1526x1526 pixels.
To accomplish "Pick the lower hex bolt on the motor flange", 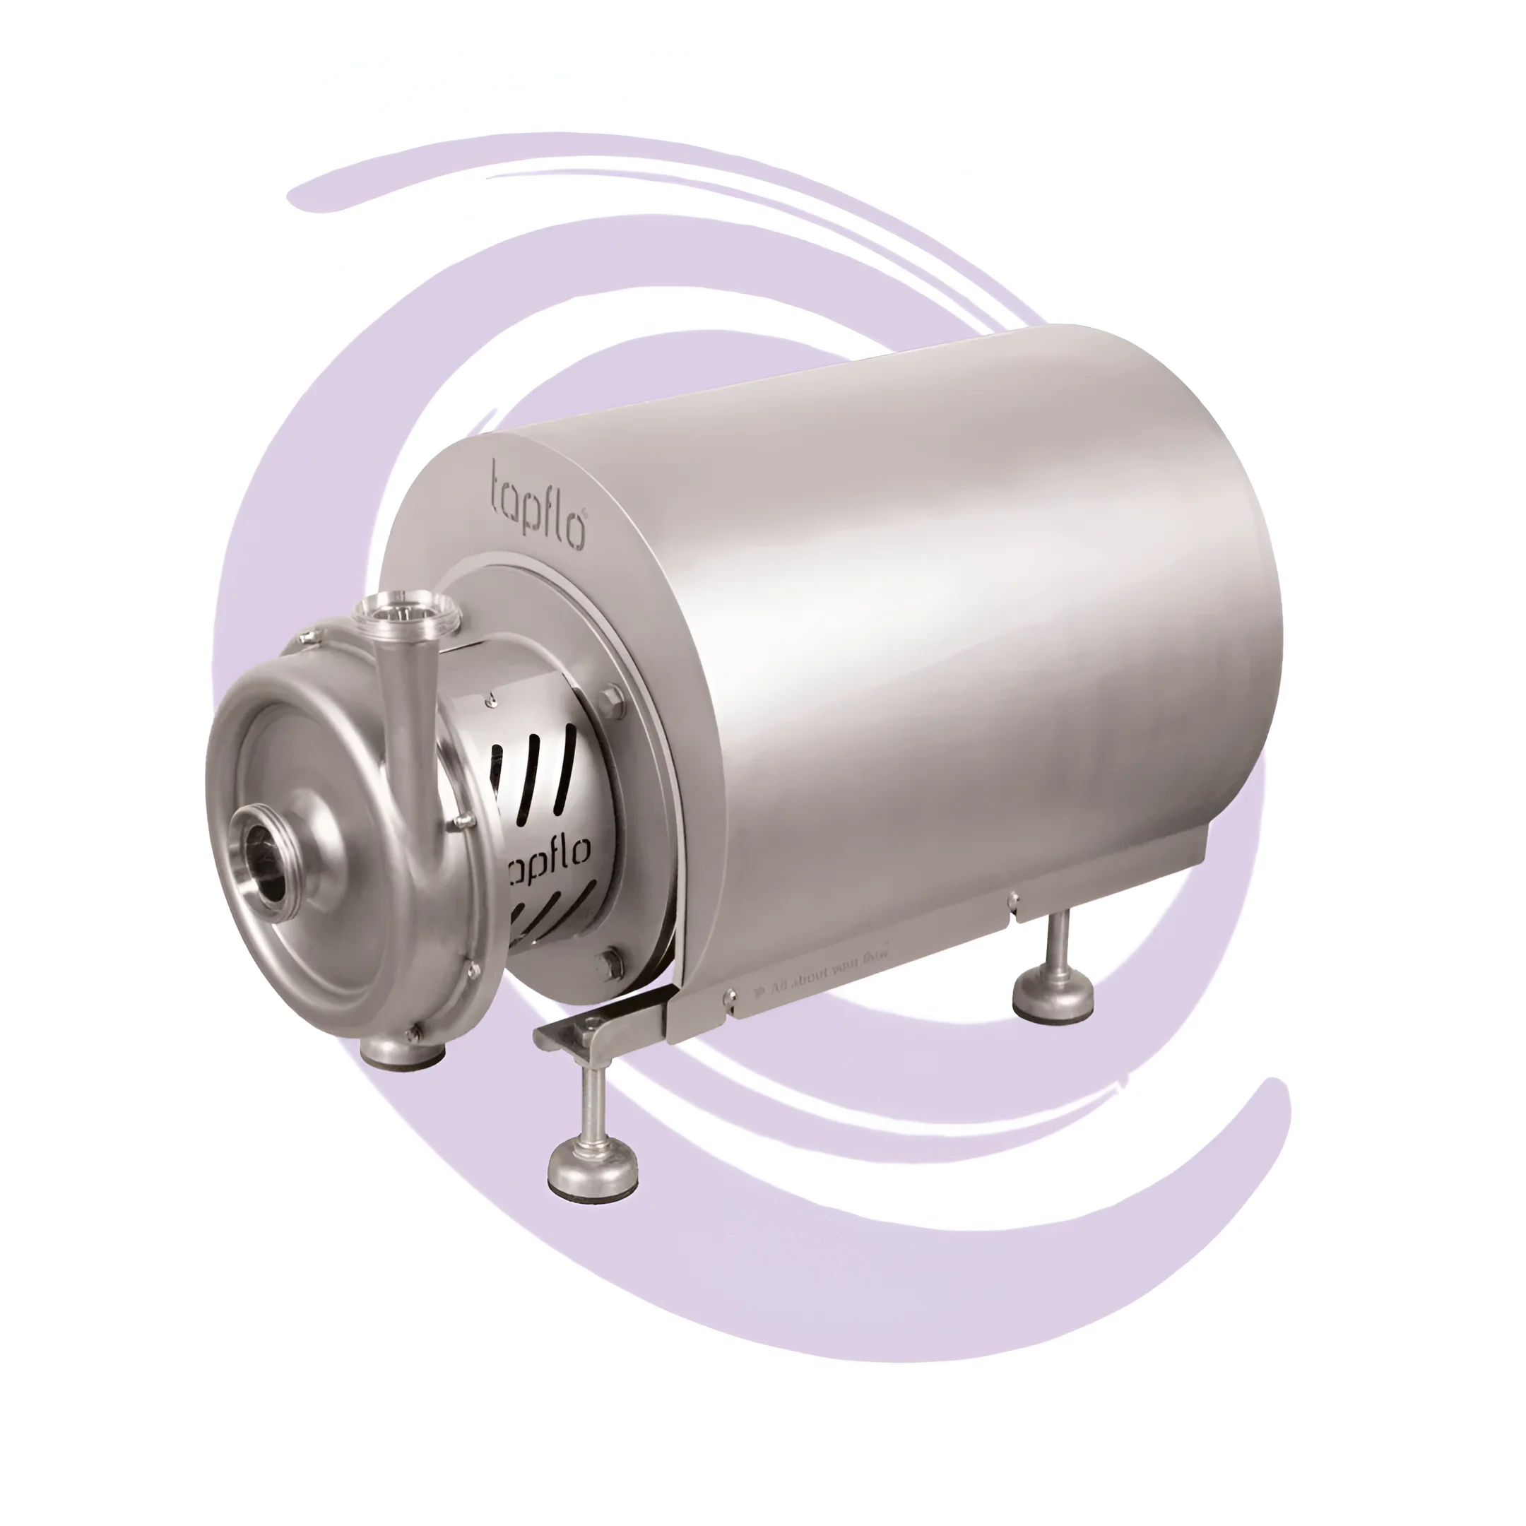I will (606, 961).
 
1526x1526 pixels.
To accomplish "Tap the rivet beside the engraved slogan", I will (728, 1000).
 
